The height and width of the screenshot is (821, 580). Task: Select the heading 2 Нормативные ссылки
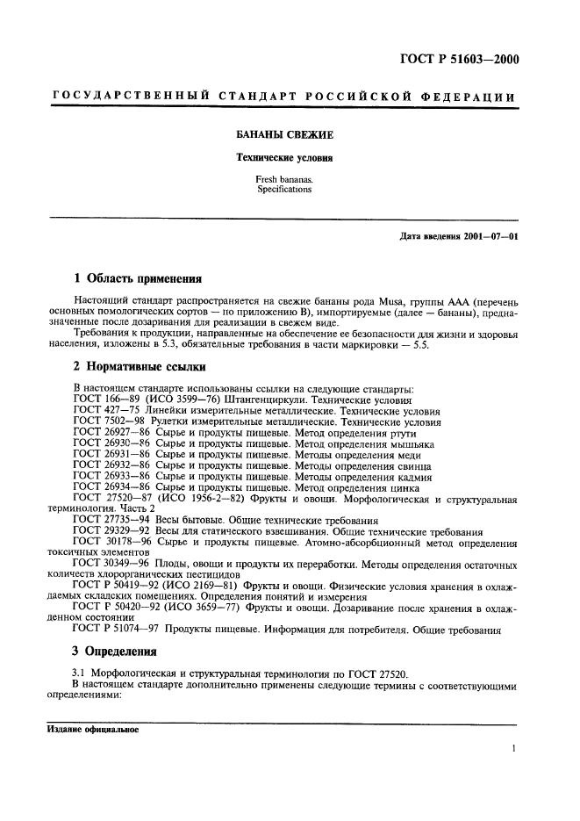click(137, 364)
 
